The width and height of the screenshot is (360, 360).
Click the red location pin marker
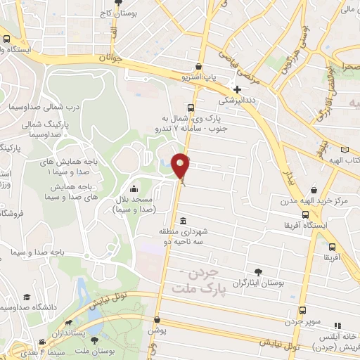(181, 167)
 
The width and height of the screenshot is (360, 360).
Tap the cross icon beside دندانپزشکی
(238, 89)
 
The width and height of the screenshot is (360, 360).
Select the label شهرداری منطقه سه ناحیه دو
(183, 237)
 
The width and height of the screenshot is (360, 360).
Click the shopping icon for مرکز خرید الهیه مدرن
(313, 190)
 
